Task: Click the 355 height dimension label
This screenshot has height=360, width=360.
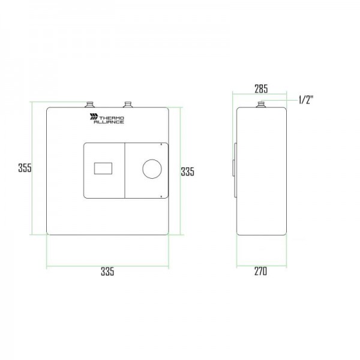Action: coord(25,167)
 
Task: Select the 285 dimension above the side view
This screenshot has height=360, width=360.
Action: coord(261,89)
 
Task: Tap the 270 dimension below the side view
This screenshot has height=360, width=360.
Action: coord(260,271)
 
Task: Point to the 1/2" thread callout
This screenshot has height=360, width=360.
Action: coord(306,100)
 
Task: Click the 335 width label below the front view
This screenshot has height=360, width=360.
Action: coord(107,271)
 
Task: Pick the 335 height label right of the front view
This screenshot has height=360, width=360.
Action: coord(188,172)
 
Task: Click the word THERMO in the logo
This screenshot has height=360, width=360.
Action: coord(112,118)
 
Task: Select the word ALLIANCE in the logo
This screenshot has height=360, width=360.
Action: coord(109,122)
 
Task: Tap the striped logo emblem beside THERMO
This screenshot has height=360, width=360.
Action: coord(94,116)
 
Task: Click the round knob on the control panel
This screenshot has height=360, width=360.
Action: coord(152,169)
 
